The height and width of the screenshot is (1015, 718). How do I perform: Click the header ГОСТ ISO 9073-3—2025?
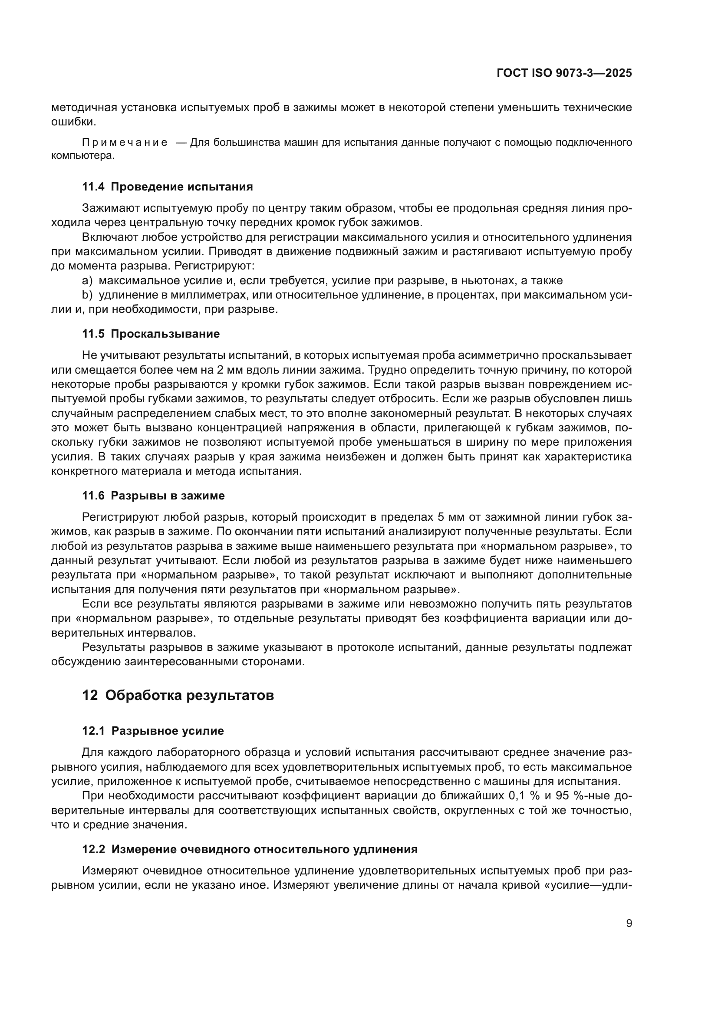[564, 73]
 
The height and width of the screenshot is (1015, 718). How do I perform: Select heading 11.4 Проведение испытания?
[168, 187]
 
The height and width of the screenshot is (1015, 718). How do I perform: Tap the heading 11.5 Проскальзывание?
[151, 334]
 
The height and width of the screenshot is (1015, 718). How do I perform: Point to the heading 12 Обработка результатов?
[178, 695]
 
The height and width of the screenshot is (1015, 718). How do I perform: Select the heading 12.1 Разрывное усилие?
[153, 731]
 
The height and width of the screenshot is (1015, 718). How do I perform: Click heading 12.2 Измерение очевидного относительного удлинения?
[250, 849]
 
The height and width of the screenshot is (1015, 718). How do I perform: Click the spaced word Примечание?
[125, 142]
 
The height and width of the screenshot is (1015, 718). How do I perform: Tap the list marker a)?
[87, 280]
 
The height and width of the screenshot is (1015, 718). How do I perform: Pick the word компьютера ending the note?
[82, 156]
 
